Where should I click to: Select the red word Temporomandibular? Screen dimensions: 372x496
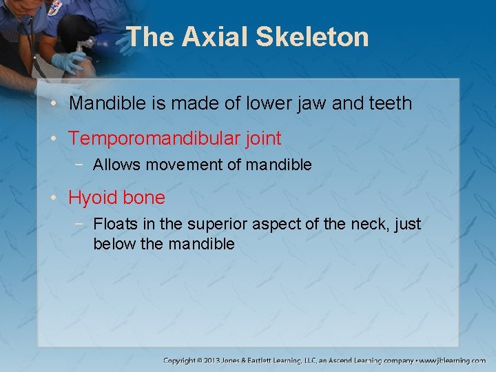(154, 138)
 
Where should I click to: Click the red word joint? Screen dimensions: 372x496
(263, 138)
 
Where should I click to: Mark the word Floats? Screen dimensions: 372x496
(115, 225)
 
